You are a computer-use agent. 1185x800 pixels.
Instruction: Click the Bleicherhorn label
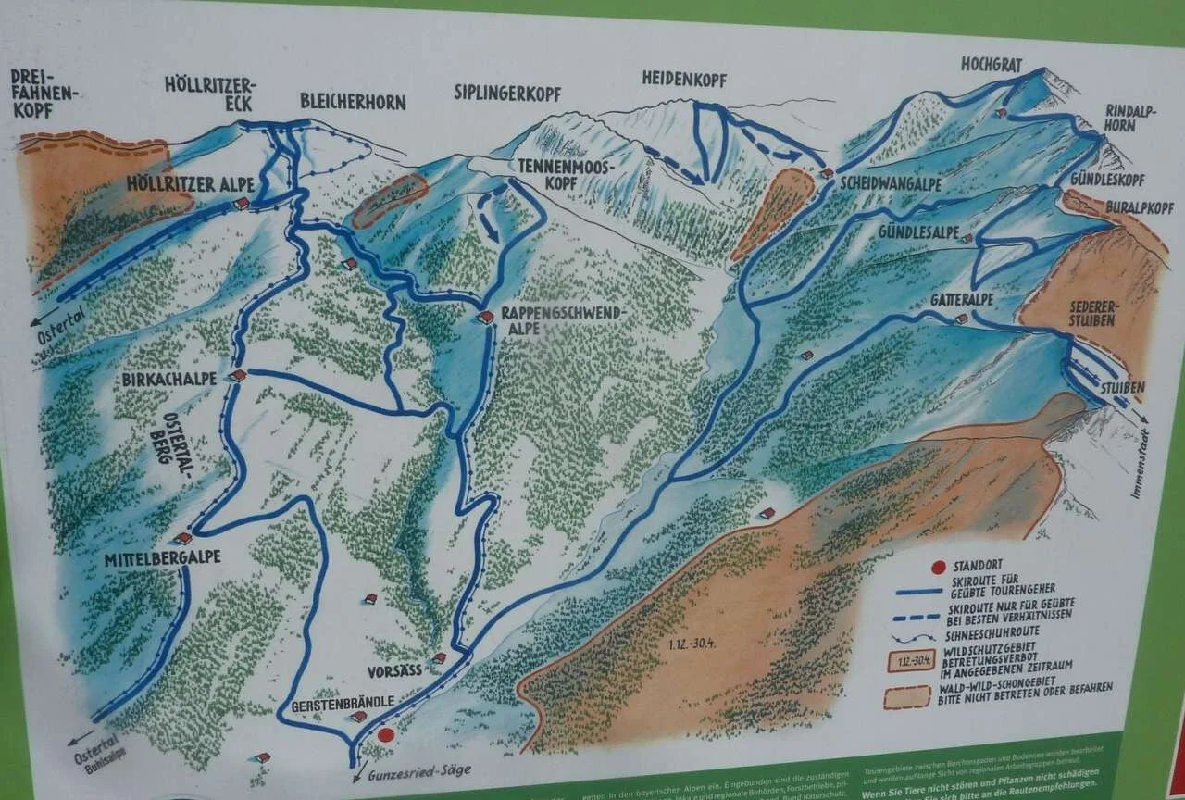353,102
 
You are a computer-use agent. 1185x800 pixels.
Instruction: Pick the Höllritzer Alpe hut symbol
242,203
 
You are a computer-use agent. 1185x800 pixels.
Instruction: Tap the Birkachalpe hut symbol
238,375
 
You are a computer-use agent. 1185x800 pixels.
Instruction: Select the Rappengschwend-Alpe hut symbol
485,317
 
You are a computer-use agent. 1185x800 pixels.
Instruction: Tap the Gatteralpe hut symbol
961,319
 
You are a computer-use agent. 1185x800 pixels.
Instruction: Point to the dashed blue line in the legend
914,614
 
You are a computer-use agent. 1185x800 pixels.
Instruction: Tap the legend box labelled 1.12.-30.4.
907,661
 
